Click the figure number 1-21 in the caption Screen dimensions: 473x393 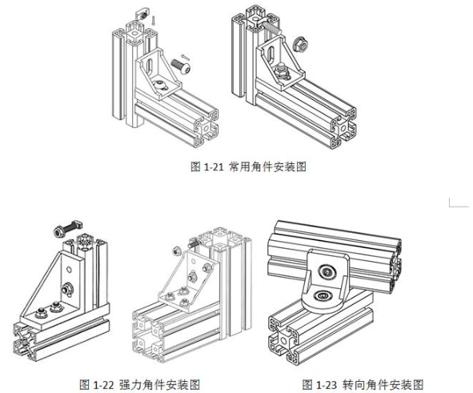(214, 166)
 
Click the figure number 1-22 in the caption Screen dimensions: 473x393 (102, 384)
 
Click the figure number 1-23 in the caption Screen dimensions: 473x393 (326, 384)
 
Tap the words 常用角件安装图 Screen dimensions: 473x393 (267, 166)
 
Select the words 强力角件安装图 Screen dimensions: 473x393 (159, 384)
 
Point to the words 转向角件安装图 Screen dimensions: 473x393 (383, 384)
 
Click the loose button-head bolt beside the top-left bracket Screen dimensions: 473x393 (181, 66)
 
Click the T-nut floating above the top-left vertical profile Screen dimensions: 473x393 (142, 14)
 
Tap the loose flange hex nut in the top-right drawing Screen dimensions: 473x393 (300, 44)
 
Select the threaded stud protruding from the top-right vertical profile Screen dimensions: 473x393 (272, 28)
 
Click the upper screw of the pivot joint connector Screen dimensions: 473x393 (327, 272)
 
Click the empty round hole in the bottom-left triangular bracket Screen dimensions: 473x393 (69, 270)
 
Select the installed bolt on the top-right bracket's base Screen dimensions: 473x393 (281, 71)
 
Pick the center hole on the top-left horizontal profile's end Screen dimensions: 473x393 (206, 128)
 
